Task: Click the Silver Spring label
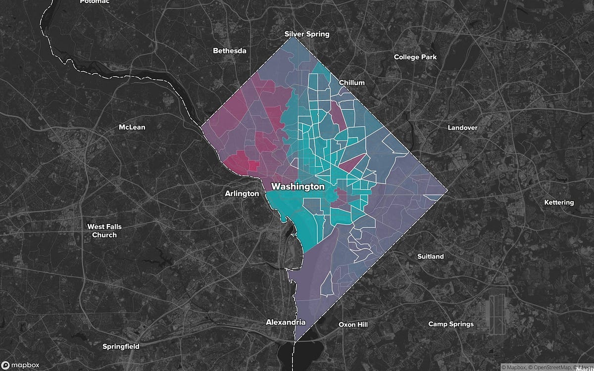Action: [306, 34]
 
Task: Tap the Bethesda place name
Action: [229, 50]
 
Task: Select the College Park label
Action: [415, 57]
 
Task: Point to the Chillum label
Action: [351, 83]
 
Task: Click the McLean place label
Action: [132, 127]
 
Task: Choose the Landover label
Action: [462, 128]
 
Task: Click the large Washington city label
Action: [297, 187]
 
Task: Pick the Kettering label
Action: [559, 202]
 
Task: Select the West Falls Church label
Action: [104, 231]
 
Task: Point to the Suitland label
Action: [430, 256]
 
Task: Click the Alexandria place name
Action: [286, 322]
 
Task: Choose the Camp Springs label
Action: [450, 324]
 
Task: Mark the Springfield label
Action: [120, 346]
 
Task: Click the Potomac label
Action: [94, 2]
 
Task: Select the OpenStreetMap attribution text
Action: [547, 367]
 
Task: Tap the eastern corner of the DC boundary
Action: [447, 190]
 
